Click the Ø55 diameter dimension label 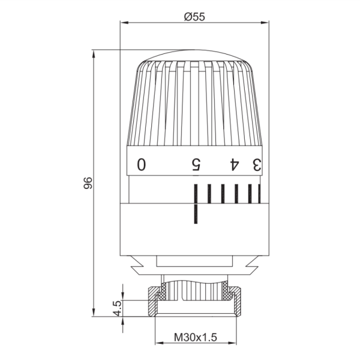[194, 17]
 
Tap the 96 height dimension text [88, 183]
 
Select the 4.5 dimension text [118, 308]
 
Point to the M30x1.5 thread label [196, 337]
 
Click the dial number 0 [142, 164]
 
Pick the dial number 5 [196, 164]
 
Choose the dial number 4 [235, 164]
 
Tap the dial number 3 [257, 164]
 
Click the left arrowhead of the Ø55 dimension [124, 23]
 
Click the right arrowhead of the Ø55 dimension [265, 23]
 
